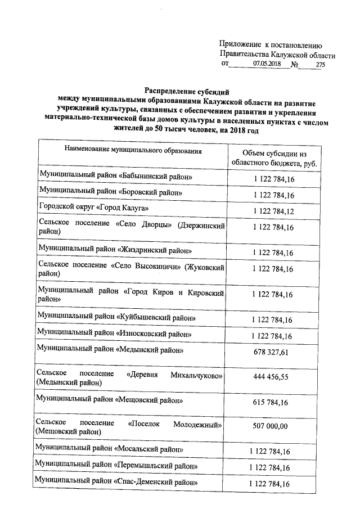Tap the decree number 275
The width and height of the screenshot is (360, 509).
(x=321, y=65)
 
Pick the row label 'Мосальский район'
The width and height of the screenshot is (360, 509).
(x=108, y=451)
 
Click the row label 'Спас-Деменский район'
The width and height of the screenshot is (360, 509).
(x=115, y=483)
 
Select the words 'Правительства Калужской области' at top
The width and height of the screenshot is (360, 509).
(x=278, y=55)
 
